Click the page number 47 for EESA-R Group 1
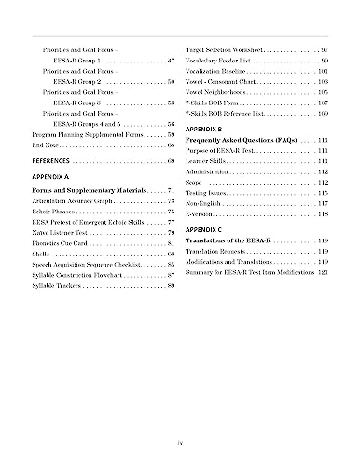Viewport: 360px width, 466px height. [171, 60]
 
